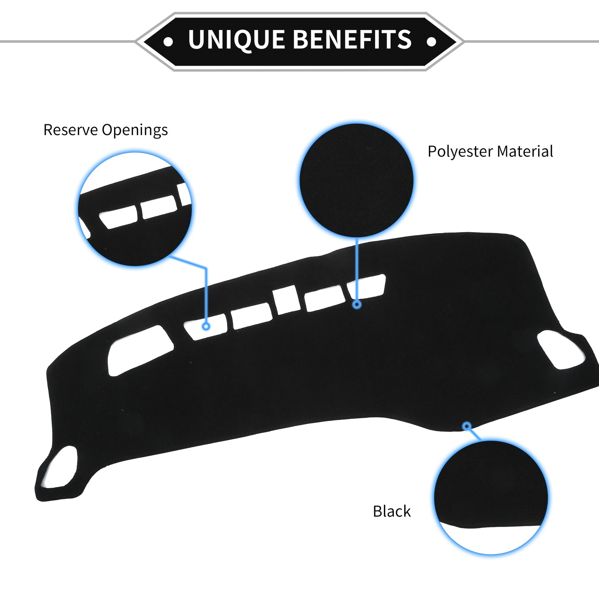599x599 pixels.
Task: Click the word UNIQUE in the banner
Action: (236, 40)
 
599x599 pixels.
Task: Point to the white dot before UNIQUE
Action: (168, 42)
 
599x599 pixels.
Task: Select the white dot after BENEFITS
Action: (431, 42)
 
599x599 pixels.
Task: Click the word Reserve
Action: (71, 130)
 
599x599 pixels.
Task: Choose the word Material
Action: (525, 151)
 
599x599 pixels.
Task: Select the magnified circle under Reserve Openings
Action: (135, 209)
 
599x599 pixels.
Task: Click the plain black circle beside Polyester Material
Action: (356, 180)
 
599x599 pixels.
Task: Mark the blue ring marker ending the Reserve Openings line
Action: (206, 327)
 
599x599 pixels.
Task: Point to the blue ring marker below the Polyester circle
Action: (357, 304)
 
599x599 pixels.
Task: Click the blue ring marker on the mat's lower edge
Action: (467, 426)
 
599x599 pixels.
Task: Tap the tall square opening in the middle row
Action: (286, 299)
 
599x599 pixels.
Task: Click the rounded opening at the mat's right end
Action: (561, 350)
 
